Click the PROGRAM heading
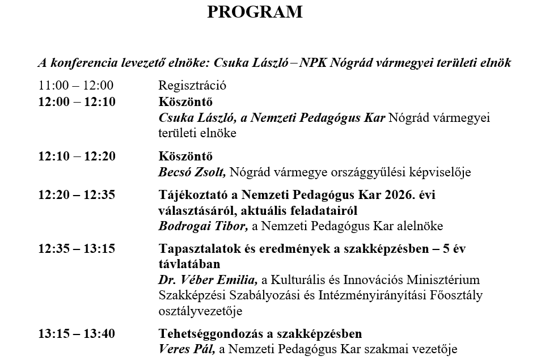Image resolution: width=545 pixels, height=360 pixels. pyautogui.click(x=255, y=12)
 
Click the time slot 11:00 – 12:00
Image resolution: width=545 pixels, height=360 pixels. pyautogui.click(x=76, y=86)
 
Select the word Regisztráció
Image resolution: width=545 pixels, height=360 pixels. pyautogui.click(x=192, y=86)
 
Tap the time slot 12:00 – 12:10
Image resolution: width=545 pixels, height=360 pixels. pyautogui.click(x=77, y=102)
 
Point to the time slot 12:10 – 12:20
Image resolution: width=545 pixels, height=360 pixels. pyautogui.click(x=77, y=156)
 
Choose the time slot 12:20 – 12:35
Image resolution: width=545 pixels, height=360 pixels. pyautogui.click(x=77, y=194)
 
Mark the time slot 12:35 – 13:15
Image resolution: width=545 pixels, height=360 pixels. pyautogui.click(x=77, y=249)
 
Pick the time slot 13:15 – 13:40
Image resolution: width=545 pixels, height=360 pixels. pyautogui.click(x=77, y=334)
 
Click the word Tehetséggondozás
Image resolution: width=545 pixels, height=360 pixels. pyautogui.click(x=214, y=334)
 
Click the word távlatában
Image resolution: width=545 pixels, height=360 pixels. pyautogui.click(x=189, y=264)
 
